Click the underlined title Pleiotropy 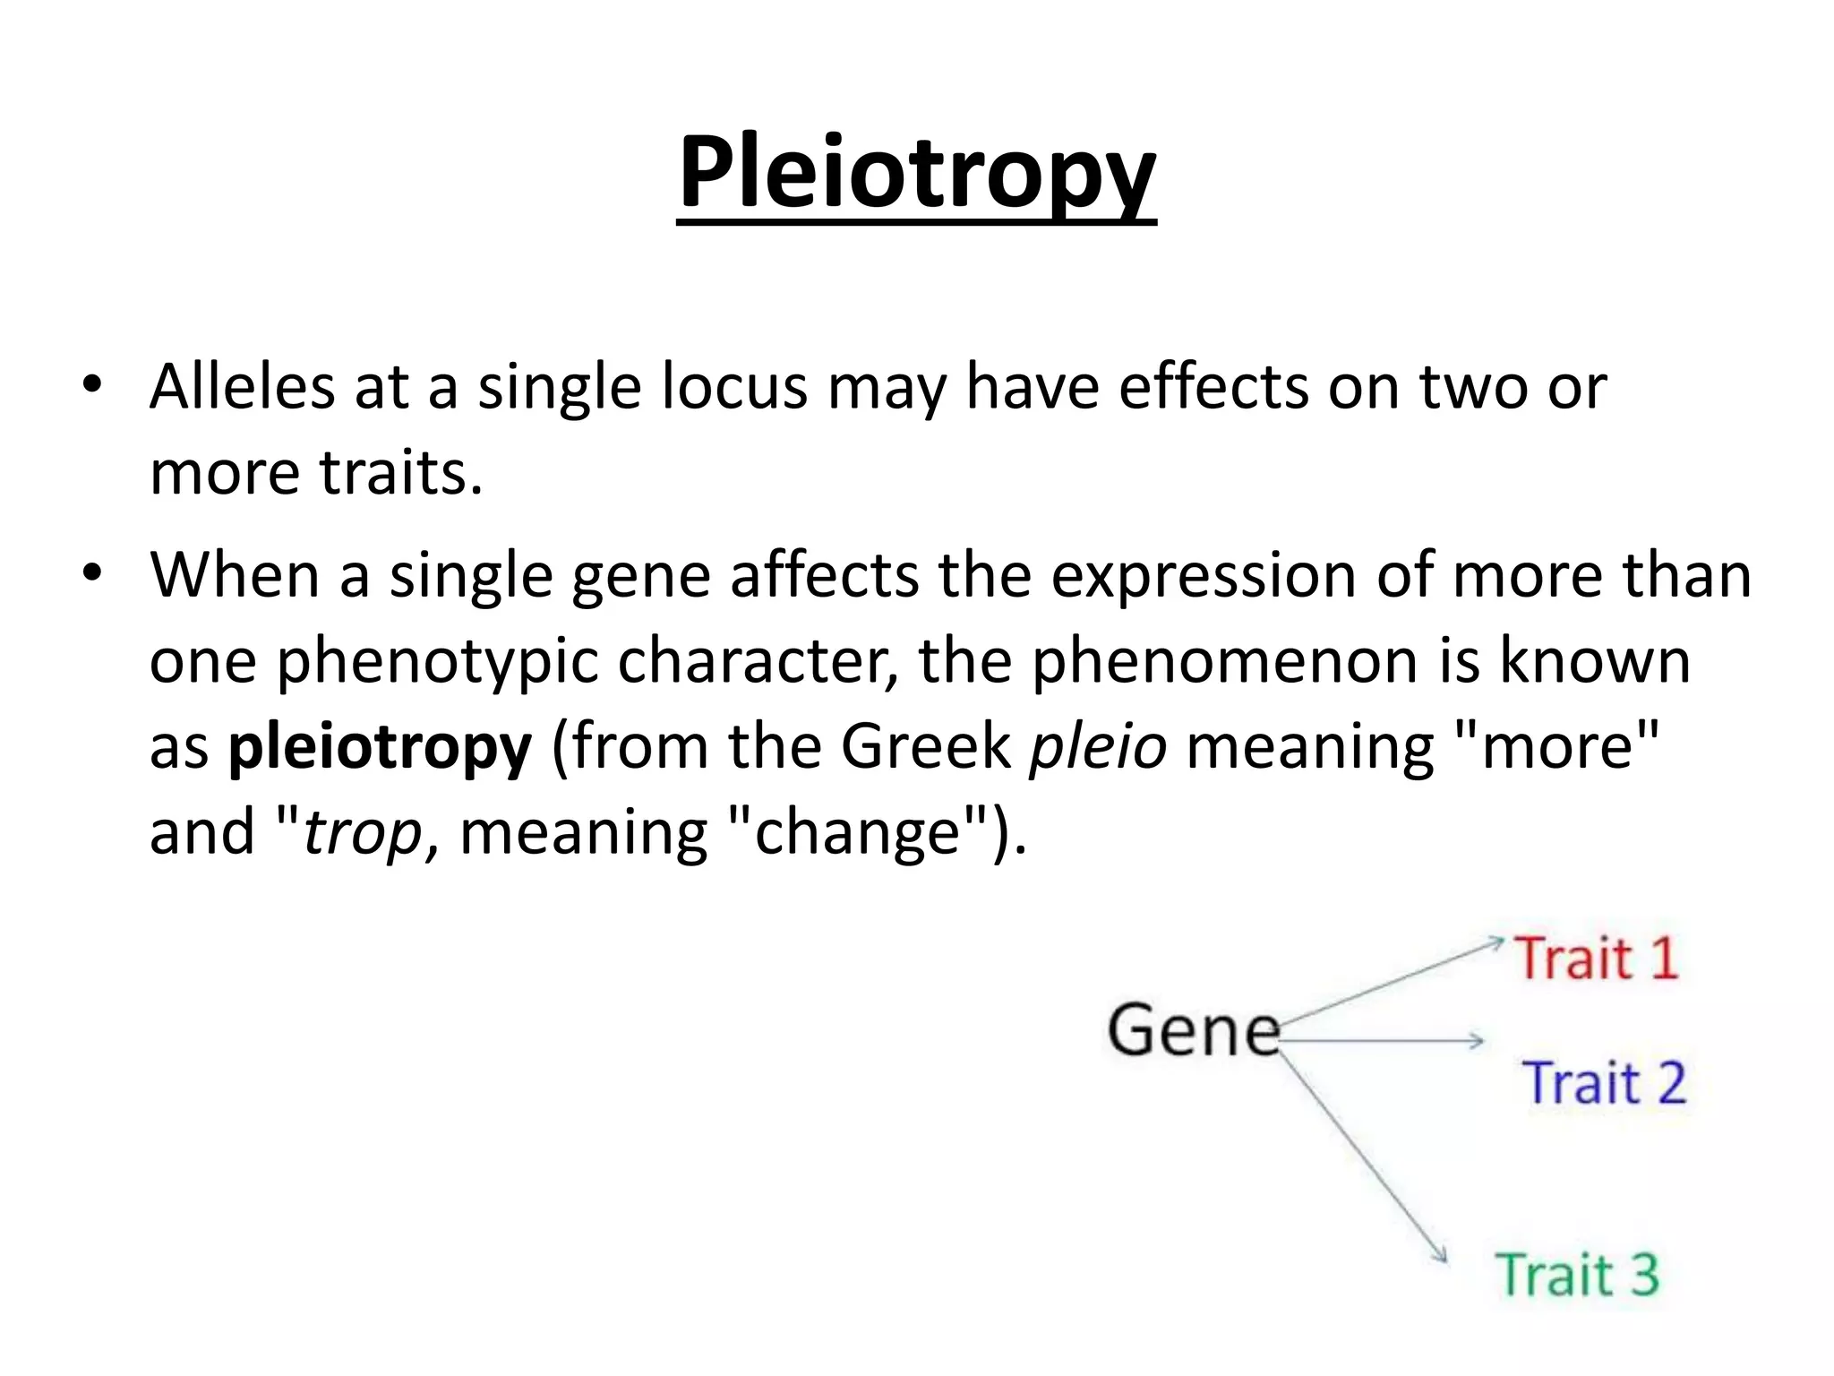(x=916, y=172)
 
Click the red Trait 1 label (x=1596, y=959)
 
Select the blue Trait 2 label (x=1604, y=1083)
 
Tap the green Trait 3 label (x=1577, y=1275)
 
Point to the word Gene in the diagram (x=1194, y=1030)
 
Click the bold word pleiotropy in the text (x=380, y=747)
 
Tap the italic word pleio (x=1098, y=747)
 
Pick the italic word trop (x=363, y=832)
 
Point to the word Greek (x=925, y=747)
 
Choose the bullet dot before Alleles (x=92, y=386)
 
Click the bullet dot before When (x=92, y=573)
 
